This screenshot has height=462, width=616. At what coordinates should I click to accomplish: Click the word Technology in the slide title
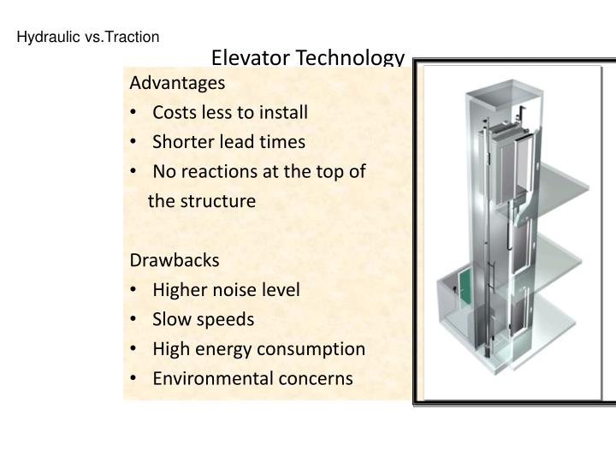[351, 58]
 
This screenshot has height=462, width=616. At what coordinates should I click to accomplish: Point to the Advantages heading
[177, 83]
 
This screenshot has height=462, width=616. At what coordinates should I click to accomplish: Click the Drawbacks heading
[175, 259]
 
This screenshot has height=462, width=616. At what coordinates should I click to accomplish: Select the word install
[284, 111]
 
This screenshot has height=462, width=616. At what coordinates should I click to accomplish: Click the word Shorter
[181, 141]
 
